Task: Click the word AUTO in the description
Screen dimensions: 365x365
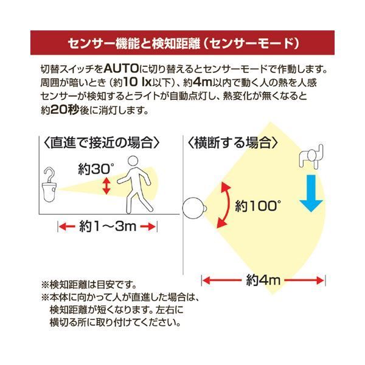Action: tap(121, 69)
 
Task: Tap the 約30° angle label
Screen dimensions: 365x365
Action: tap(96, 169)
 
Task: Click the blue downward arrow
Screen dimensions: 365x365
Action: tap(311, 193)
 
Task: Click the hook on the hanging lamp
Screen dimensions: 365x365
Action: tap(50, 175)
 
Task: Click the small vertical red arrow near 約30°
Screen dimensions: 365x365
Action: tap(106, 186)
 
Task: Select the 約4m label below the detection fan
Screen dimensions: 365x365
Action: tap(263, 280)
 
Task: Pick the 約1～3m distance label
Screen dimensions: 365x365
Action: tap(108, 226)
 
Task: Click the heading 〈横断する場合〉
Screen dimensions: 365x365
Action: tap(232, 143)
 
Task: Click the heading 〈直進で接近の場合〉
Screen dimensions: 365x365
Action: tap(102, 143)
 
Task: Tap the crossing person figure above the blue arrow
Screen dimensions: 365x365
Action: tap(311, 156)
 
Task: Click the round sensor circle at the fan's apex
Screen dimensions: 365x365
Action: tap(193, 208)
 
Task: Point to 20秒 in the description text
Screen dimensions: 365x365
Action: tap(65, 109)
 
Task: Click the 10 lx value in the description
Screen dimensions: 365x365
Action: tap(137, 82)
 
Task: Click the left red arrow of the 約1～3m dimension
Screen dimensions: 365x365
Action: tap(67, 226)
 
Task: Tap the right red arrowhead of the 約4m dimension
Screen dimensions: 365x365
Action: tap(321, 280)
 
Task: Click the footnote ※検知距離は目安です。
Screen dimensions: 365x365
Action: tap(89, 285)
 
